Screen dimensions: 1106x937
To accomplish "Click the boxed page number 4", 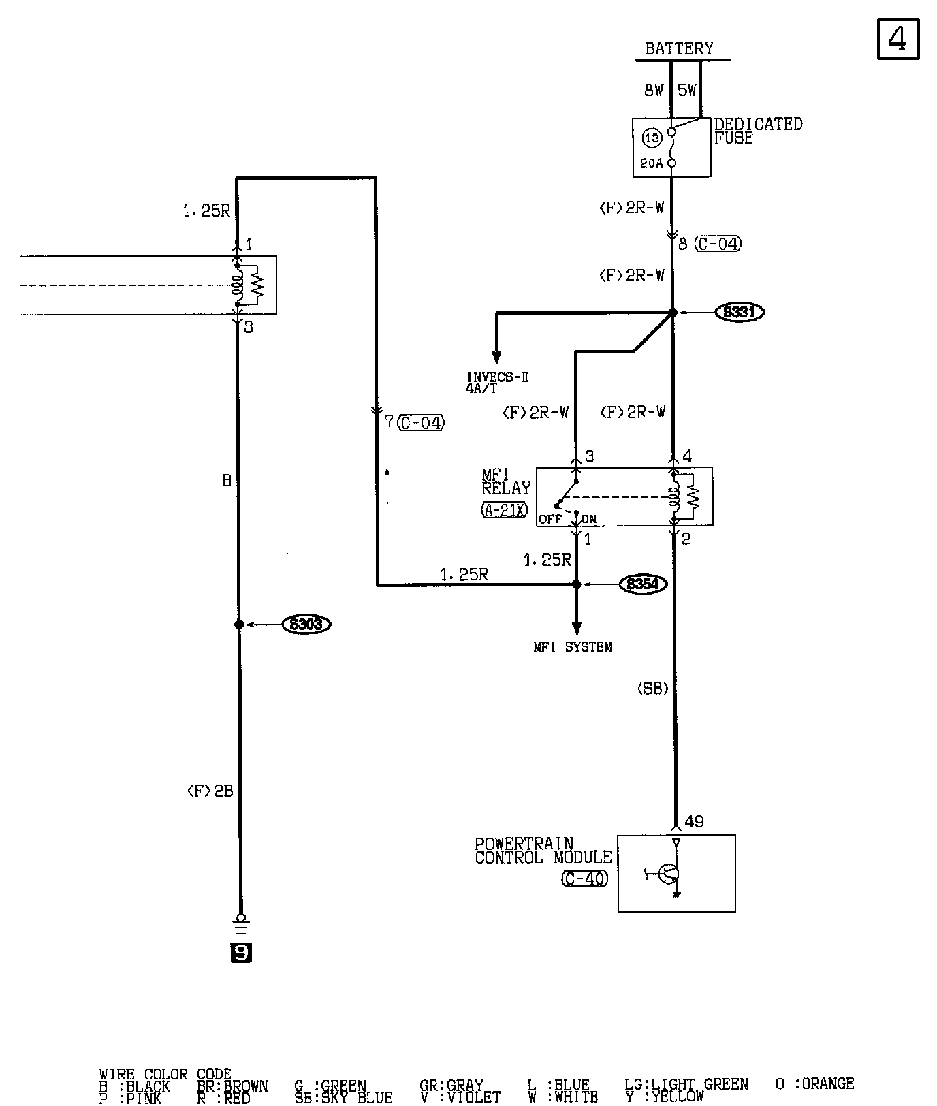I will pyautogui.click(x=898, y=39).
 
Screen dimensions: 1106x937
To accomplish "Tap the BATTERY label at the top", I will pyautogui.click(x=679, y=48).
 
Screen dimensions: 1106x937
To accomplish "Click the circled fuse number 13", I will pyautogui.click(x=652, y=138).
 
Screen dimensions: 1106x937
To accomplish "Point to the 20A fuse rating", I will pyautogui.click(x=651, y=163).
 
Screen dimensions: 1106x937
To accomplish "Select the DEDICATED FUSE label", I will pyautogui.click(x=758, y=131).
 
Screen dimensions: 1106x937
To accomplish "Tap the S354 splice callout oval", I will pyautogui.click(x=643, y=584).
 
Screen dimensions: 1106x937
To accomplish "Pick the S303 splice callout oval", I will pyautogui.click(x=306, y=625).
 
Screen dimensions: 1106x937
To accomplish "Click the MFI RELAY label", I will pyautogui.click(x=506, y=481).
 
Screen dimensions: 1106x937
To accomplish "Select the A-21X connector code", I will pyautogui.click(x=505, y=509).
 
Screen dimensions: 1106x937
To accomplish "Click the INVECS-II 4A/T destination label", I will pyautogui.click(x=497, y=382).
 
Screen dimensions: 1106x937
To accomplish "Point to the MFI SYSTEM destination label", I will pyautogui.click(x=573, y=647).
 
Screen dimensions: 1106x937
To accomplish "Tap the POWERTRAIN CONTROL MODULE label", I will pyautogui.click(x=543, y=851).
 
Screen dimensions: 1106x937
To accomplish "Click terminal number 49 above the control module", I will pyautogui.click(x=694, y=822).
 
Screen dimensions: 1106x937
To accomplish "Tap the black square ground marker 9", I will pyautogui.click(x=241, y=953).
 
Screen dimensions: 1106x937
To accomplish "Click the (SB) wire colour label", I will pyautogui.click(x=652, y=689).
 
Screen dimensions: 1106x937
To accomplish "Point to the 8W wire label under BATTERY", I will pyautogui.click(x=654, y=91).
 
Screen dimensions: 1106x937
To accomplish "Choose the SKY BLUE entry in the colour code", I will pyautogui.click(x=343, y=1097).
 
